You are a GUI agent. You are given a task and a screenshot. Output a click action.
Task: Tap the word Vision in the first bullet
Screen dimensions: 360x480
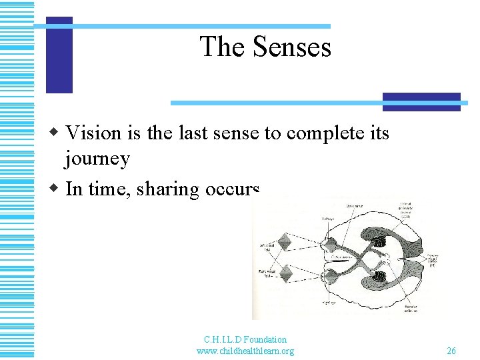94,133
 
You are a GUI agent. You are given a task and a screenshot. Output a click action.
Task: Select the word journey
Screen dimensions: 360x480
97,160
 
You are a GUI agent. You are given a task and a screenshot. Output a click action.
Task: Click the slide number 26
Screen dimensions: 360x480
451,351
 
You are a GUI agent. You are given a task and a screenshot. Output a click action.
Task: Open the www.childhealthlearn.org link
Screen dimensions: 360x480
245,351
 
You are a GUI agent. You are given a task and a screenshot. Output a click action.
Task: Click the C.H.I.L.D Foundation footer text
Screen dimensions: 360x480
245,339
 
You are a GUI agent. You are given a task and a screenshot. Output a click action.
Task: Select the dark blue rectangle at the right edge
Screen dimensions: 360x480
421,101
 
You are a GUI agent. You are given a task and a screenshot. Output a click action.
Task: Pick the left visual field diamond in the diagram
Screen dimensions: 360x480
285,243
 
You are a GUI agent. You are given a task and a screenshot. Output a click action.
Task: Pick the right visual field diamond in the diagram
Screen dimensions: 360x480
285,274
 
